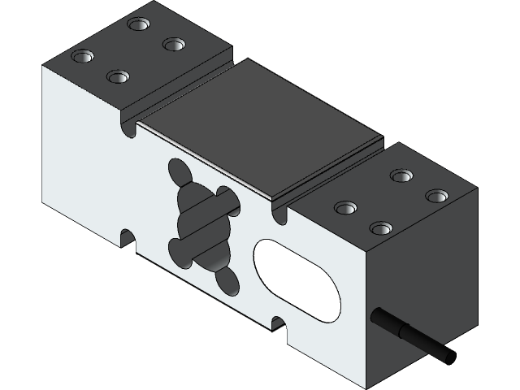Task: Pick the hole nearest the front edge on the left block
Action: pos(117,76)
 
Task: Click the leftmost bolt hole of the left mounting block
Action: pos(81,57)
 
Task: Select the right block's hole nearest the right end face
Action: pos(436,196)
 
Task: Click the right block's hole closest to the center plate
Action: pos(344,208)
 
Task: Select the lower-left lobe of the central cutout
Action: pos(180,249)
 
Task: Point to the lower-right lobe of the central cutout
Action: pos(227,279)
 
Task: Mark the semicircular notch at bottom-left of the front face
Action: pos(128,237)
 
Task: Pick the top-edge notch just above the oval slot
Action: pos(280,213)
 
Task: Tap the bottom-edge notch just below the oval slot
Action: pos(279,324)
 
